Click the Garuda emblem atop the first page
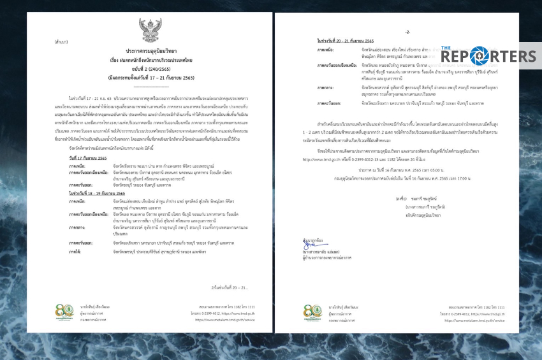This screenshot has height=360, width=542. (x=150, y=29)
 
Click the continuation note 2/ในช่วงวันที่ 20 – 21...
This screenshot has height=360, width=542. (x=214, y=287)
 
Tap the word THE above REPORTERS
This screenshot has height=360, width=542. (x=446, y=47)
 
